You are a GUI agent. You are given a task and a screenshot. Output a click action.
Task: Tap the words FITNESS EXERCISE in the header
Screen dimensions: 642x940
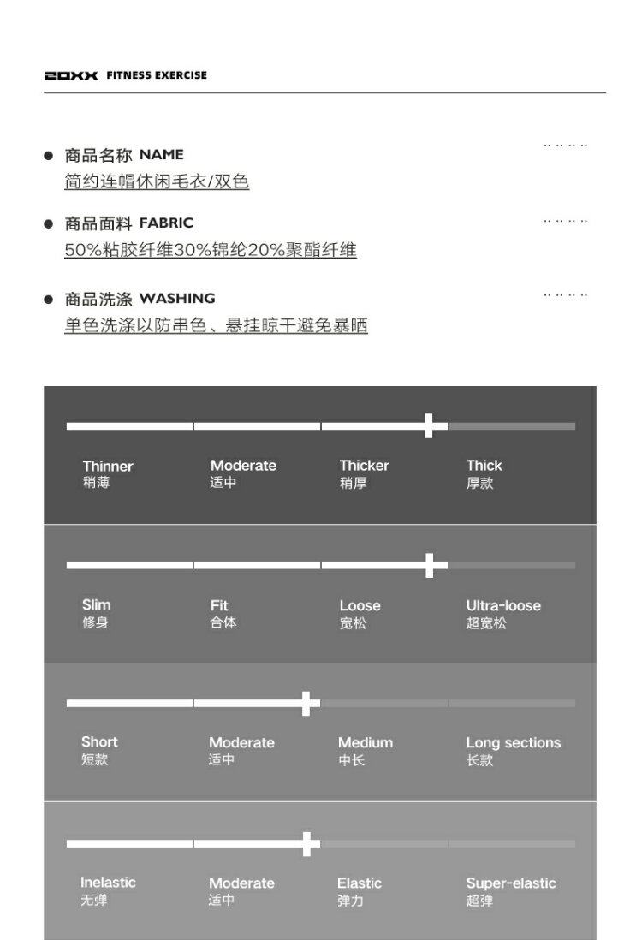(x=157, y=75)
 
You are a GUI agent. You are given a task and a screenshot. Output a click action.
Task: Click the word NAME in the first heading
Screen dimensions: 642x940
(x=162, y=155)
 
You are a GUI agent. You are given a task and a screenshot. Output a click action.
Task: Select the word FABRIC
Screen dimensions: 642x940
(x=166, y=223)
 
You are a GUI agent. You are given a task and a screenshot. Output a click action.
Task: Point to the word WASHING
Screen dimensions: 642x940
(x=177, y=299)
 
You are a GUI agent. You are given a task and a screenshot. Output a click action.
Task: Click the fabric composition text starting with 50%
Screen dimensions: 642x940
(x=211, y=251)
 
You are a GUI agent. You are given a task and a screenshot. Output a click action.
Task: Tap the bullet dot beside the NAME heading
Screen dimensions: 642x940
(x=49, y=156)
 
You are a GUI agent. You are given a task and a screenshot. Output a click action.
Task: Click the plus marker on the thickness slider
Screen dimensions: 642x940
(x=430, y=425)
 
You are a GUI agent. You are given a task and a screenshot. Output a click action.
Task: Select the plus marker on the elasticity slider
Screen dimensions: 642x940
(x=306, y=843)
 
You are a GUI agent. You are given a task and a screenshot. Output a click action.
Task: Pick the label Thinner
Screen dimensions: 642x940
(x=108, y=467)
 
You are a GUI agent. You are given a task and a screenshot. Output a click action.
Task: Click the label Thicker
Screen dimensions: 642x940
(x=364, y=466)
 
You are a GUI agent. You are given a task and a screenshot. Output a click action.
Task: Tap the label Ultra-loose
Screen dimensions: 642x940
(x=503, y=606)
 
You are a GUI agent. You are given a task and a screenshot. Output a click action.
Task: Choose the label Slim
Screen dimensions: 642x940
(x=96, y=605)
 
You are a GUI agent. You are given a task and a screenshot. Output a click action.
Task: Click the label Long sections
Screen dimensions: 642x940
(x=514, y=743)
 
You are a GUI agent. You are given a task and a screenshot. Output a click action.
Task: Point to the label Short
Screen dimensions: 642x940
(x=99, y=742)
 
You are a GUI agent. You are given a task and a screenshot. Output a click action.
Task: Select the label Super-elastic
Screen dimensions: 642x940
(x=511, y=883)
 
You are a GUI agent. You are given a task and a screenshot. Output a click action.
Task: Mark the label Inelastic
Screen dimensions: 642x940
(x=108, y=883)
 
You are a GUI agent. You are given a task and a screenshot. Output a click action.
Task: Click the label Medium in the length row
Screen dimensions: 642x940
(x=366, y=743)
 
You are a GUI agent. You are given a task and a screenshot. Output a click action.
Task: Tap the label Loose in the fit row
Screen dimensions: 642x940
(x=360, y=606)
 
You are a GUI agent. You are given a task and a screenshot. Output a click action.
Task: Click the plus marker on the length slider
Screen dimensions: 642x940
(x=306, y=704)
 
